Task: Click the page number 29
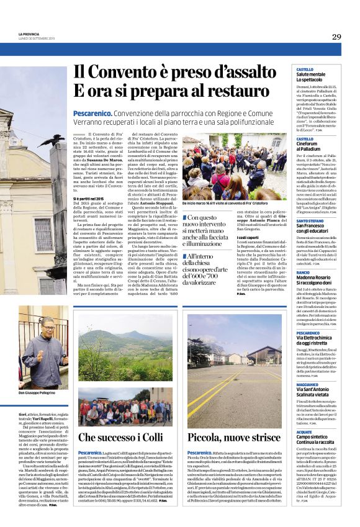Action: click(x=336, y=37)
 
